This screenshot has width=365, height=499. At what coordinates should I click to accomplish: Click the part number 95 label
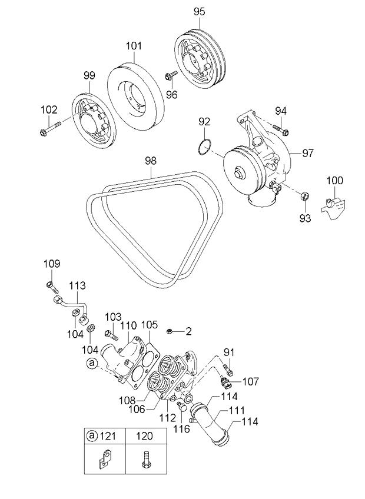point(200,12)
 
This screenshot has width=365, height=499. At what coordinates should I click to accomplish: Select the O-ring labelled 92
point(204,147)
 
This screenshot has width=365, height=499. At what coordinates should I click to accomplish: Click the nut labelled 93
point(304,195)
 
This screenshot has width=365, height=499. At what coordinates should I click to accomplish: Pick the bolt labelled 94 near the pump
point(281,130)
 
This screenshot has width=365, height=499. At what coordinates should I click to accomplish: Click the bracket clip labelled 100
point(333,208)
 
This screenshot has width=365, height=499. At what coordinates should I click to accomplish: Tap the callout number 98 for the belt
point(151,161)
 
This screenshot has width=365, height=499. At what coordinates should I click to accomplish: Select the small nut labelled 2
point(170,332)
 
